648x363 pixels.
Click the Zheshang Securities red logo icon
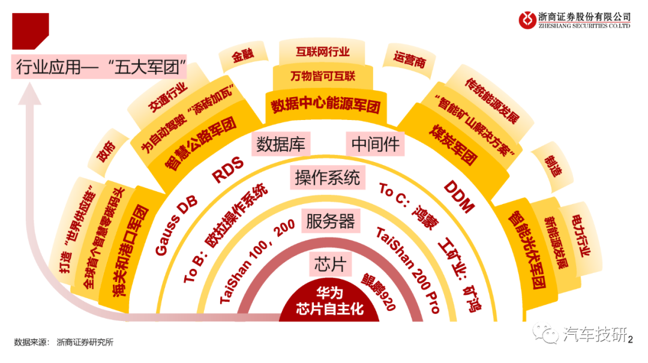click(527, 20)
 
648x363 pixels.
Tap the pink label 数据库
click(281, 144)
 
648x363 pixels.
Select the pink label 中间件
click(375, 144)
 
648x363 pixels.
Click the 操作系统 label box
click(328, 178)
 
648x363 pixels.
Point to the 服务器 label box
click(331, 221)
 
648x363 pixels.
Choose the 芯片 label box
click(330, 264)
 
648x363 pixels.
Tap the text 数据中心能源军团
click(326, 104)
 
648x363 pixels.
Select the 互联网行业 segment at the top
click(322, 52)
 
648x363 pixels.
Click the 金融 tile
click(243, 55)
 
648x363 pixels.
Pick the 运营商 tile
click(409, 60)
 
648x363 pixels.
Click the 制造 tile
click(552, 166)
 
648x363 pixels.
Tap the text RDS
click(228, 170)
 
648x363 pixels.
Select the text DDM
click(459, 197)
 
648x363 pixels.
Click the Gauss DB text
click(176, 226)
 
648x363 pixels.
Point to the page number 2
click(630, 340)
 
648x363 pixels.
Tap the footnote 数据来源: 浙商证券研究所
click(64, 342)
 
